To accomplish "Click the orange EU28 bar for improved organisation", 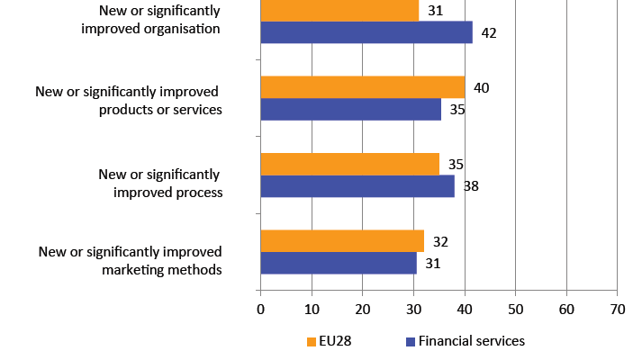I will point(339,10).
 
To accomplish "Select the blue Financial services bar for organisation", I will point(366,32).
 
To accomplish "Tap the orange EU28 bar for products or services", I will point(362,87).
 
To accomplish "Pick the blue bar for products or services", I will point(350,110).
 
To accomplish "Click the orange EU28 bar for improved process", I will point(349,164).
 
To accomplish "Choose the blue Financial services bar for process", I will point(357,186).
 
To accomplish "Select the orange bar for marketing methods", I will point(342,241).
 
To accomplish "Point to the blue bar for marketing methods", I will point(339,263).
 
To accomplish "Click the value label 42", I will point(489,33).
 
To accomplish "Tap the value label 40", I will point(481,88).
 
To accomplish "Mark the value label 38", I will point(471,187).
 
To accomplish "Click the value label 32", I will point(440,242).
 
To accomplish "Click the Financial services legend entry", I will point(465,341).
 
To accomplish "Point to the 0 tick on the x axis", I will point(260,310).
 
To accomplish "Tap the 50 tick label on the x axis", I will point(515,310).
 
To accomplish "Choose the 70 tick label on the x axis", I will point(617,310).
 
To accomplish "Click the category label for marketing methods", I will point(130,260).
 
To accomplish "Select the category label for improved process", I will point(159,183).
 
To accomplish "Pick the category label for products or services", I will point(128,101).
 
